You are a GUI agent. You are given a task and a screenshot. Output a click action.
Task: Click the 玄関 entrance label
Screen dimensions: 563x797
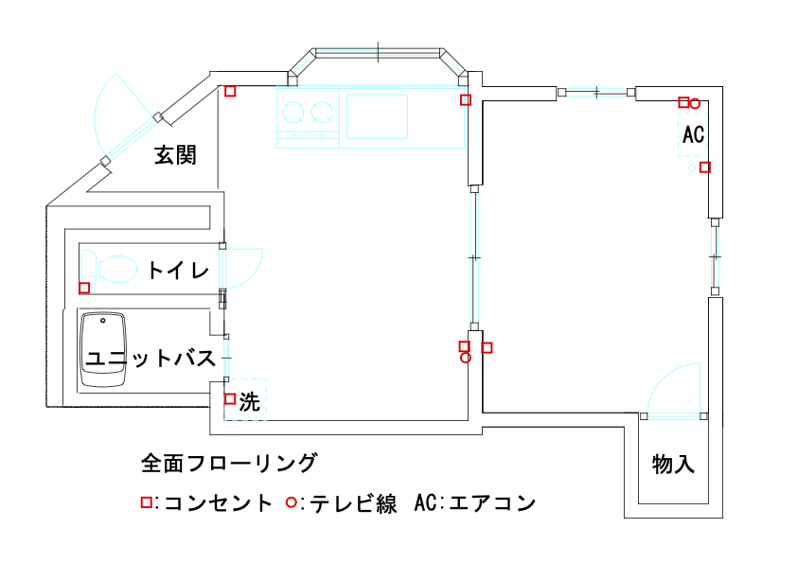[x=175, y=155]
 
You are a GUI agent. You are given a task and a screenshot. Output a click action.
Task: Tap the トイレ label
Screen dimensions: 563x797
[x=177, y=271]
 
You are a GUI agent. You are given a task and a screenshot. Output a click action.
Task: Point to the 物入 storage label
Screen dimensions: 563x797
[x=673, y=465]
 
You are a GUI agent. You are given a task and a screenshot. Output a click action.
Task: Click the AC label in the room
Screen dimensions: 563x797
[x=693, y=134]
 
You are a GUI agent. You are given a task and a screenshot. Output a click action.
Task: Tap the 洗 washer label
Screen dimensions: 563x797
[x=249, y=401]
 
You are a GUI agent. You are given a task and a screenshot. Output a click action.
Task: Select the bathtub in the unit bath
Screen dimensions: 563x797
[x=104, y=351]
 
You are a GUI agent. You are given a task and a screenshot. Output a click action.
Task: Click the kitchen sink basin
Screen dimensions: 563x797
[x=377, y=116]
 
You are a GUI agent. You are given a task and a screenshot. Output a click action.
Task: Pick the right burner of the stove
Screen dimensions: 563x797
[x=324, y=114]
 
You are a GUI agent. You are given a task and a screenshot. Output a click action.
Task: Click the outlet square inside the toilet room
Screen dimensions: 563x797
[x=84, y=288]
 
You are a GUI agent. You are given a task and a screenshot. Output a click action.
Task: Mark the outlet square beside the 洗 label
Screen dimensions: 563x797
[x=230, y=398]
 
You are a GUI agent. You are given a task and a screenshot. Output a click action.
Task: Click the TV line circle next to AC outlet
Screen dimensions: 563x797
[x=695, y=103]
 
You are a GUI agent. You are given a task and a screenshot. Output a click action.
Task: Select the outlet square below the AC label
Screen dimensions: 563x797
[x=704, y=167]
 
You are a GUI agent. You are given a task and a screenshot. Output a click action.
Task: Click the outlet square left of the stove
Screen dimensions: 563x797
[x=230, y=91]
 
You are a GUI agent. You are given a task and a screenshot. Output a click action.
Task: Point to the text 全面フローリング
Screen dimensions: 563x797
[x=228, y=464]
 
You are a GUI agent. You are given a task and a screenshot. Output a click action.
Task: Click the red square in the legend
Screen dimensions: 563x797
[x=146, y=502]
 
